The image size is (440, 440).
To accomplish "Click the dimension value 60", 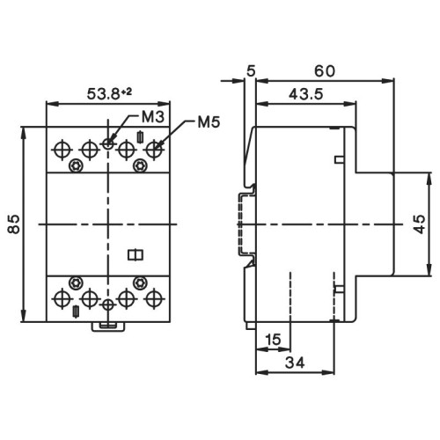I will [325, 68].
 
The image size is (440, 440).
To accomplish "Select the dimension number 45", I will [418, 225].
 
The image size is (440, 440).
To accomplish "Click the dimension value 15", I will [273, 339].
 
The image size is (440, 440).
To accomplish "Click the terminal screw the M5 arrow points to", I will [156, 149].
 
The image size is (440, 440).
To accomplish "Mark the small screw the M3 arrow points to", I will [107, 143].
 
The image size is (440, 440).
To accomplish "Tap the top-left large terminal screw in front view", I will [62, 149].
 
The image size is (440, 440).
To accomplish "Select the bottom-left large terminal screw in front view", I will [62, 298].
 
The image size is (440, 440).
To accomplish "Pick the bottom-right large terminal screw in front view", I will [156, 298].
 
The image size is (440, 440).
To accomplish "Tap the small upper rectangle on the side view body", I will [338, 159].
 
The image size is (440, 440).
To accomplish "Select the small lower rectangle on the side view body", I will [338, 289].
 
